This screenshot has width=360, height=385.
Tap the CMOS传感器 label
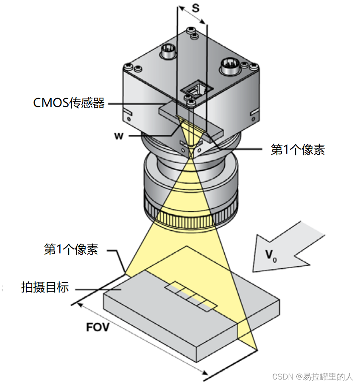click(x=69, y=103)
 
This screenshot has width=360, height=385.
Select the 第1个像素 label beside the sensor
click(x=298, y=149)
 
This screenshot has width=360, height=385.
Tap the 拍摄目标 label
click(x=45, y=287)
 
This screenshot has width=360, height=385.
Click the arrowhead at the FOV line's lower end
click(x=207, y=374)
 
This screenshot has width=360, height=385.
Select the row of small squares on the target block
click(x=191, y=295)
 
